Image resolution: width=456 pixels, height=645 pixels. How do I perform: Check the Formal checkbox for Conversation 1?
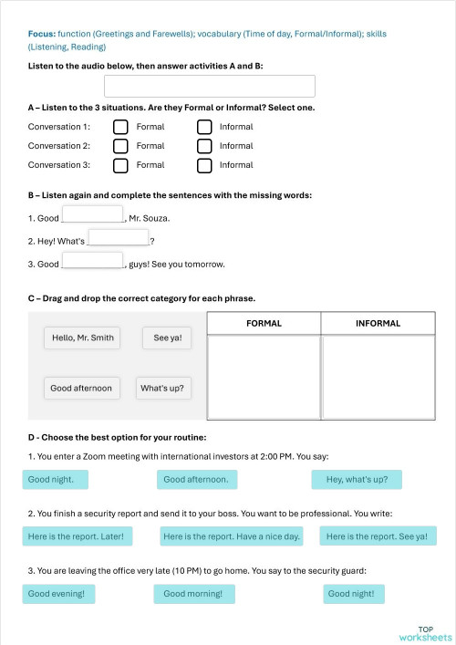tap(120, 127)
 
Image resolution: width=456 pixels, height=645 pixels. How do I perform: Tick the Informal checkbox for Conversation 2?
tap(204, 146)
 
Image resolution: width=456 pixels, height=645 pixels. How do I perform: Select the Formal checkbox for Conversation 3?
tap(120, 165)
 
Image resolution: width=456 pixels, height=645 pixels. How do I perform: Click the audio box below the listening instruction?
tap(210, 87)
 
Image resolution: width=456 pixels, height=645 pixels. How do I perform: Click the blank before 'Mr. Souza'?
tap(92, 214)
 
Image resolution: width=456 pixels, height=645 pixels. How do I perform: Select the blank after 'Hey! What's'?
tap(119, 237)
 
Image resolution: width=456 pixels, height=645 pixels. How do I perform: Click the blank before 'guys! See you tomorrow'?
tap(92, 260)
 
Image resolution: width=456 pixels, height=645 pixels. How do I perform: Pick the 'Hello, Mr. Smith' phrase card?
tap(83, 338)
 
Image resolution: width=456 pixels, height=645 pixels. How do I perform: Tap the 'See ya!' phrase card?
tap(167, 338)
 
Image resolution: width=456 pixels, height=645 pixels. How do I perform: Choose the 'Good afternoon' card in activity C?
tap(81, 388)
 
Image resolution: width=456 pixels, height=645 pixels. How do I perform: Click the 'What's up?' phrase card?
tap(162, 388)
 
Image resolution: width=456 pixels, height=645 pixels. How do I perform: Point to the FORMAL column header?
tap(264, 324)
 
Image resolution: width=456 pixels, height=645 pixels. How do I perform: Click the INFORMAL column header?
tap(378, 324)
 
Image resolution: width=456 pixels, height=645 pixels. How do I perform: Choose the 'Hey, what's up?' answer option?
tap(357, 479)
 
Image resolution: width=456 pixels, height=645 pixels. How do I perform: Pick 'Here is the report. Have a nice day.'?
tap(232, 536)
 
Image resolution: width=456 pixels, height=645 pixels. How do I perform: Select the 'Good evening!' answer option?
tap(57, 594)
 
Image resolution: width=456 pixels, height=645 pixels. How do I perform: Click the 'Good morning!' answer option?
tap(194, 594)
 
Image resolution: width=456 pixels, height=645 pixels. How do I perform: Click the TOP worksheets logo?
tap(425, 633)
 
